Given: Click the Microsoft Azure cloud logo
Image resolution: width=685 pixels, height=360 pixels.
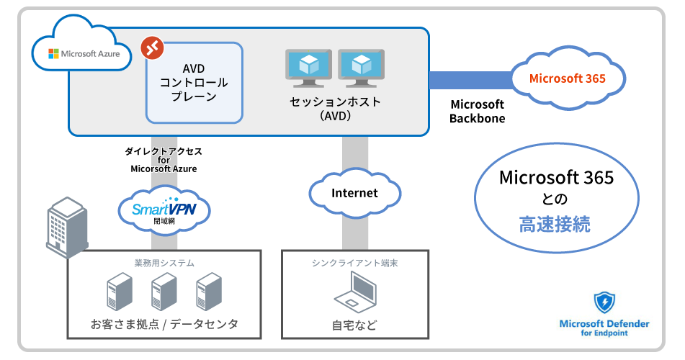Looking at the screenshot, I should (81, 48).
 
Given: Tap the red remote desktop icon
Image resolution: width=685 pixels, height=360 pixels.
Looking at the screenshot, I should (153, 48).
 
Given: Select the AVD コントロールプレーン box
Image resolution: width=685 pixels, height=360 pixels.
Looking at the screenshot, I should (194, 83).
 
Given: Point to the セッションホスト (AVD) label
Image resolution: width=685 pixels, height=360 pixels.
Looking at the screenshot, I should (335, 109).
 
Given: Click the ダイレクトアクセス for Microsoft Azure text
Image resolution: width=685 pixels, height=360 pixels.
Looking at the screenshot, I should (164, 160).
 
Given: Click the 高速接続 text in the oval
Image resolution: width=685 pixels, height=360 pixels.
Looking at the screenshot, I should (555, 224).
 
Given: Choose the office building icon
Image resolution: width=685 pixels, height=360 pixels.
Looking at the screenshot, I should (66, 221).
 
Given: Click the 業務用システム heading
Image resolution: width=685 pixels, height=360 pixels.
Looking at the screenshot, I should (164, 263).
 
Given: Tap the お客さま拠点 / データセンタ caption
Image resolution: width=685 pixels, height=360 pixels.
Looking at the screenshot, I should (164, 325).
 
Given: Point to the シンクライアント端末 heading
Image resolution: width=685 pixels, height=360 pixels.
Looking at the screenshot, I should (355, 263).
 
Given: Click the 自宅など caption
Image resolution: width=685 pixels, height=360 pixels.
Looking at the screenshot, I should (354, 325).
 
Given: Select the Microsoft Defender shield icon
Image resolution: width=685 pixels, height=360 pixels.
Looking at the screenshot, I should (604, 302).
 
